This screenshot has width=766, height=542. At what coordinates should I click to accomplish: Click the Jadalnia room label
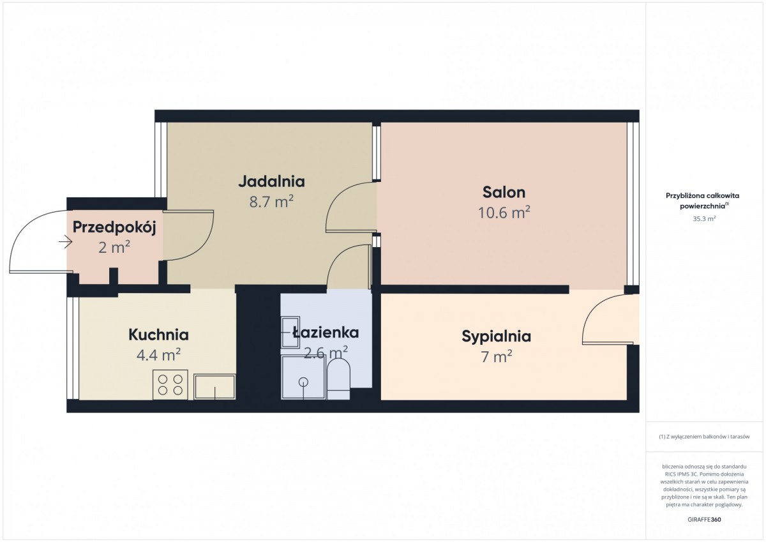tap(271, 181)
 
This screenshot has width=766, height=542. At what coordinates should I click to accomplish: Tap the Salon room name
tap(504, 193)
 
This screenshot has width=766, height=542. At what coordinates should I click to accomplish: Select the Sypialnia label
tap(496, 337)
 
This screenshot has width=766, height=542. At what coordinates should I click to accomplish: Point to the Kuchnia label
tap(159, 335)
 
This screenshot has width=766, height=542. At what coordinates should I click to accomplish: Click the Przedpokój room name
tap(114, 228)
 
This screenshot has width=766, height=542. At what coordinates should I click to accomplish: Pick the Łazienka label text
tap(326, 333)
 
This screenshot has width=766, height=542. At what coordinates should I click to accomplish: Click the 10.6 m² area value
tap(504, 213)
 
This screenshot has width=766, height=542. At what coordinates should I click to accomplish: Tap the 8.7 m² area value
tap(271, 202)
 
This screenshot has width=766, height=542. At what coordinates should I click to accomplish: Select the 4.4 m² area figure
tap(159, 356)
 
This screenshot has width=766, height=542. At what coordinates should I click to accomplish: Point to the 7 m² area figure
tap(496, 357)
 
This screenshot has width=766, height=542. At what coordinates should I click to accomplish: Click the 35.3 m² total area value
tap(704, 219)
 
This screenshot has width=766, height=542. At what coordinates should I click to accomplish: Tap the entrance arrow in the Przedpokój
tap(65, 243)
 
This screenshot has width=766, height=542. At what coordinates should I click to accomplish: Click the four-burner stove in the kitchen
tap(170, 385)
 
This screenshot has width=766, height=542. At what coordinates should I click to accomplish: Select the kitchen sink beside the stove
tap(214, 387)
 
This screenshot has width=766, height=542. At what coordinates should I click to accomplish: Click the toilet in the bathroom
tap(338, 380)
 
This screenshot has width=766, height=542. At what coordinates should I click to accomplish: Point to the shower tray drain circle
tap(303, 382)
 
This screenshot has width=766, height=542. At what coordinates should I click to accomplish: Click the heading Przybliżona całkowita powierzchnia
tap(702, 200)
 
